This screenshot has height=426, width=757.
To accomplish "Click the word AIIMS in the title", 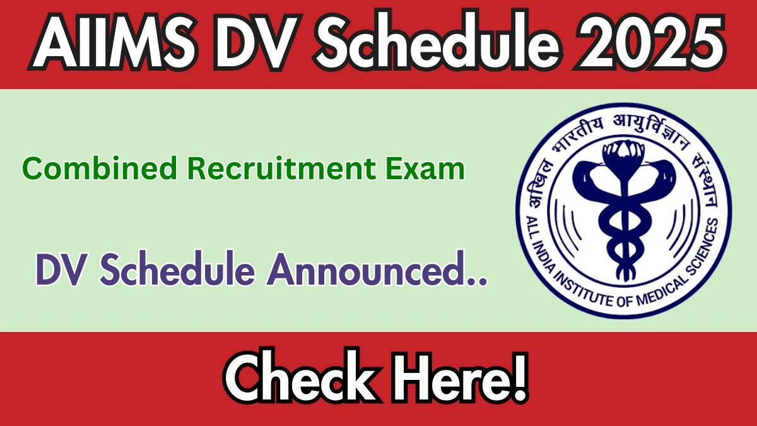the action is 114,42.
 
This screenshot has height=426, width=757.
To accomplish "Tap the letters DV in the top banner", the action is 258,42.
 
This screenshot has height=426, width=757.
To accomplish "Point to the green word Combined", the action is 100,168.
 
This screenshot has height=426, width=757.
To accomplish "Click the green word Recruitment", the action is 281,168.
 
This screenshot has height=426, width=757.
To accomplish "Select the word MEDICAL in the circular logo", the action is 659,292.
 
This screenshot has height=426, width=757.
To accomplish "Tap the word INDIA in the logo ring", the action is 543,251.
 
